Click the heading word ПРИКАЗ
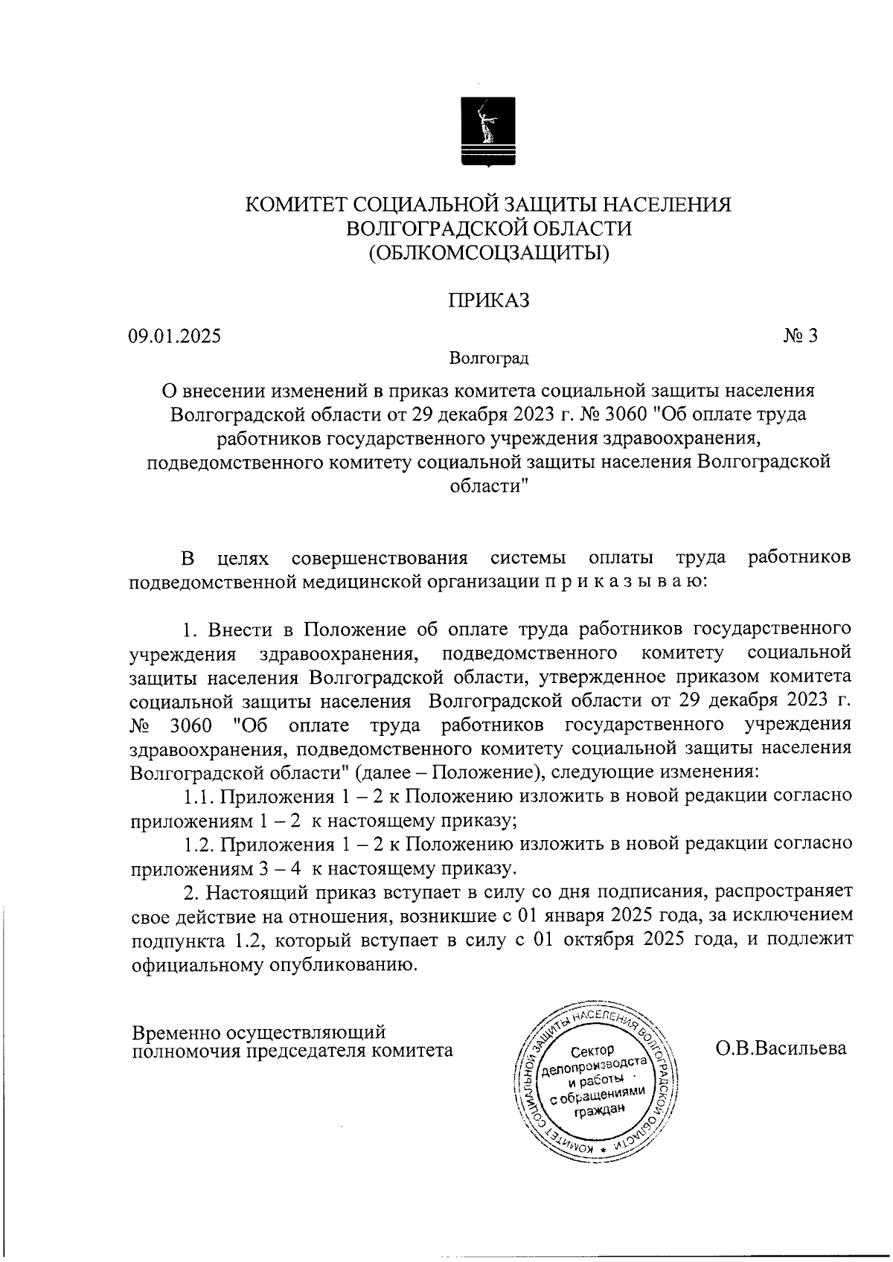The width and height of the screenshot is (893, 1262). point(488,300)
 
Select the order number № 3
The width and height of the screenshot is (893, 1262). point(800,336)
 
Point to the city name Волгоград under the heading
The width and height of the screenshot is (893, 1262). point(488,359)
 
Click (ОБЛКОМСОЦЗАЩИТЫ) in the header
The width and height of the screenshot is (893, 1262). point(488,253)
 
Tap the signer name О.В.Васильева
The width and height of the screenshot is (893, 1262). point(781,1048)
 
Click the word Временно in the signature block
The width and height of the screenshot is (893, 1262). point(174,1033)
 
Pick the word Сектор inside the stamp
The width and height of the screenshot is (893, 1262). point(592,1051)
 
